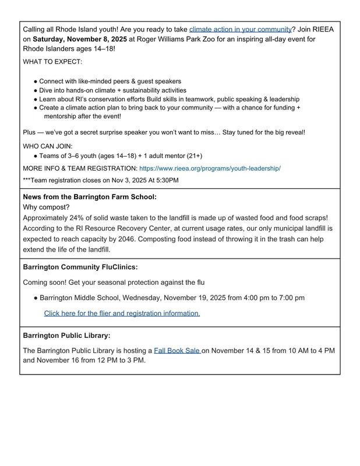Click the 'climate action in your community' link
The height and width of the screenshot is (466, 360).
click(240, 29)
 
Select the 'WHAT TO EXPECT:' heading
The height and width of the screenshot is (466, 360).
click(52, 62)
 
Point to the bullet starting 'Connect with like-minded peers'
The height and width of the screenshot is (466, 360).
click(110, 82)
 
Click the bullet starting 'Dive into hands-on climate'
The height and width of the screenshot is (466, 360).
click(113, 90)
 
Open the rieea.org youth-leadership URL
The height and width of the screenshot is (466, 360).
click(210, 168)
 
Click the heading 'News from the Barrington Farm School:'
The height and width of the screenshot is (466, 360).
click(90, 197)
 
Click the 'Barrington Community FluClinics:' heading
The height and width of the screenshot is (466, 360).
click(80, 267)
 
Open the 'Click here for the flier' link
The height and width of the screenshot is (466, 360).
click(122, 313)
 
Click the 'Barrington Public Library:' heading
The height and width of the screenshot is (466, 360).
click(66, 336)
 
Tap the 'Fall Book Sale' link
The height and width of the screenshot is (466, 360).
click(177, 351)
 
